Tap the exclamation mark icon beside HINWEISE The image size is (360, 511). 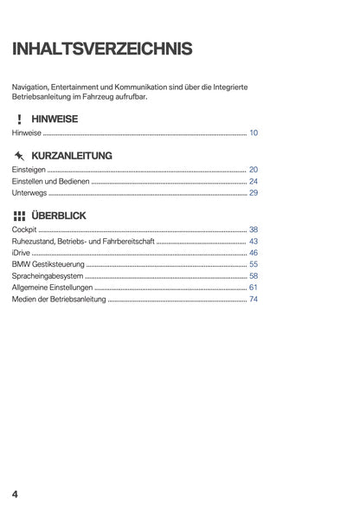coord(18,119)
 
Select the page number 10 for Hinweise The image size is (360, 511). coord(254,133)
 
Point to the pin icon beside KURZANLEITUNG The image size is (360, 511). coord(18,156)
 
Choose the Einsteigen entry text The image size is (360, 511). coord(29,170)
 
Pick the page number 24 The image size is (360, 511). coord(254,182)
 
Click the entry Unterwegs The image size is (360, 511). coord(29,193)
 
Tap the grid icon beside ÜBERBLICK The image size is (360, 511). coord(18,216)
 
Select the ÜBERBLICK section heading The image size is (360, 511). coord(60,216)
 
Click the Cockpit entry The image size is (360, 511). coord(24,230)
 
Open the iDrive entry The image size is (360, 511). coord(20,253)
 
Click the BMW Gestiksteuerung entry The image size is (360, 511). coord(48,264)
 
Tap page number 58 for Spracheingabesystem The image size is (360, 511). coord(254,275)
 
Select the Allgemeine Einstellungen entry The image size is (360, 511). coord(51,288)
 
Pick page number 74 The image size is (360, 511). coord(254,299)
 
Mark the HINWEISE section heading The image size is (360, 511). coord(55,119)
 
